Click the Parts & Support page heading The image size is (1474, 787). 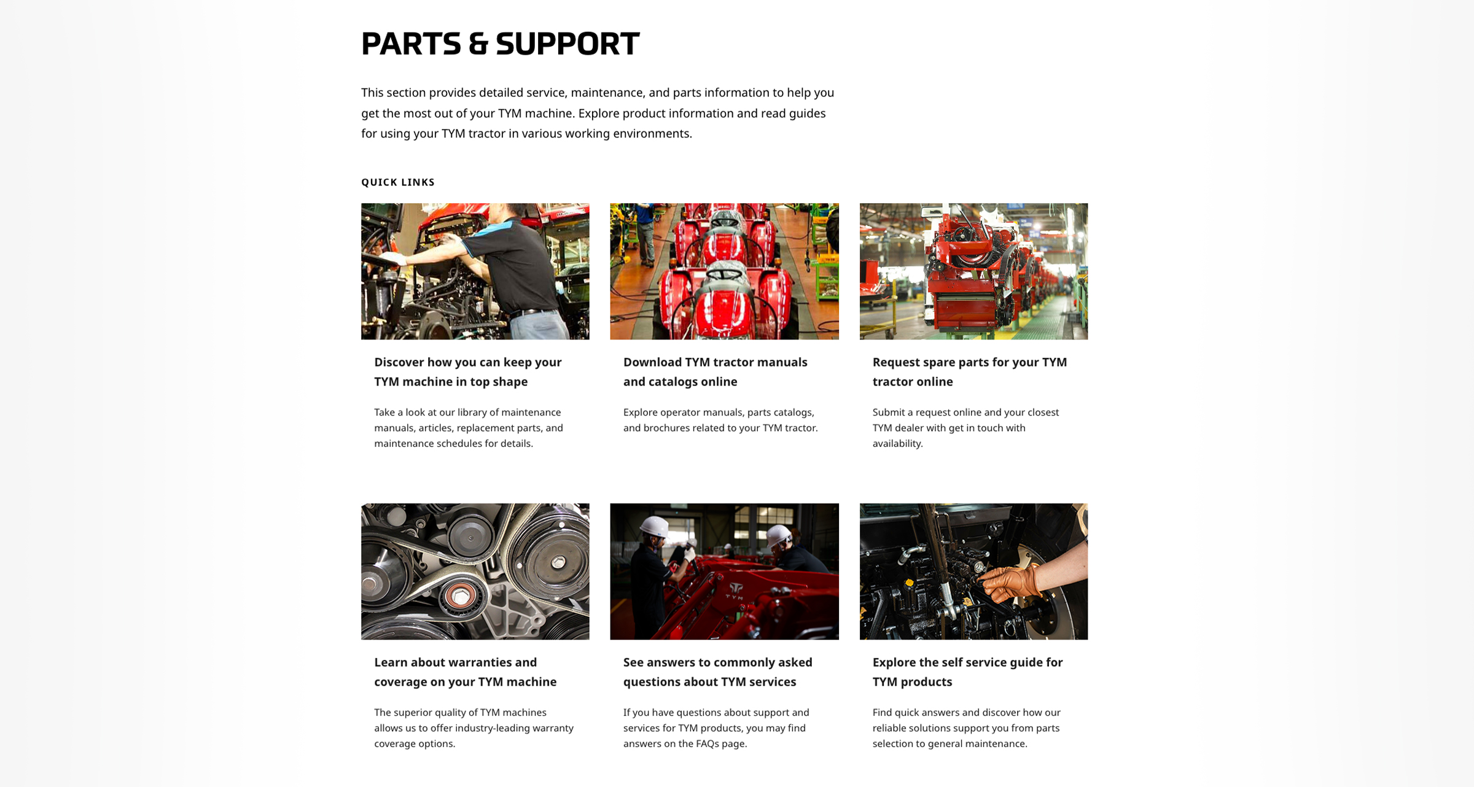[500, 44]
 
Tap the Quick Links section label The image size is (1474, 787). [398, 182]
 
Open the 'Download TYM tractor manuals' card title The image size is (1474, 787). [715, 371]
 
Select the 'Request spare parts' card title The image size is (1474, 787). [970, 371]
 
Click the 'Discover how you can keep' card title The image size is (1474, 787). [468, 371]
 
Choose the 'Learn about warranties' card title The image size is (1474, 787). [466, 672]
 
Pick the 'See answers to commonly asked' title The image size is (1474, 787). [718, 672]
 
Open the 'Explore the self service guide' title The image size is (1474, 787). [967, 672]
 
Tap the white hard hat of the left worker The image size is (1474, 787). [655, 527]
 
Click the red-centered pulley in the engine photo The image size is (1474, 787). [459, 595]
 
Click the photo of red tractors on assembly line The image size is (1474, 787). [724, 271]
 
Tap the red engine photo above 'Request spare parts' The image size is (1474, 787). [973, 271]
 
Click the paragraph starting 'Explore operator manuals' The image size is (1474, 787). [720, 420]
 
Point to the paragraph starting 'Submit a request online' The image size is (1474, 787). [965, 428]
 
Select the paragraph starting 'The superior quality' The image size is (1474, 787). [474, 728]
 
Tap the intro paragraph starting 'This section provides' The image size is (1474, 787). [598, 113]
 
